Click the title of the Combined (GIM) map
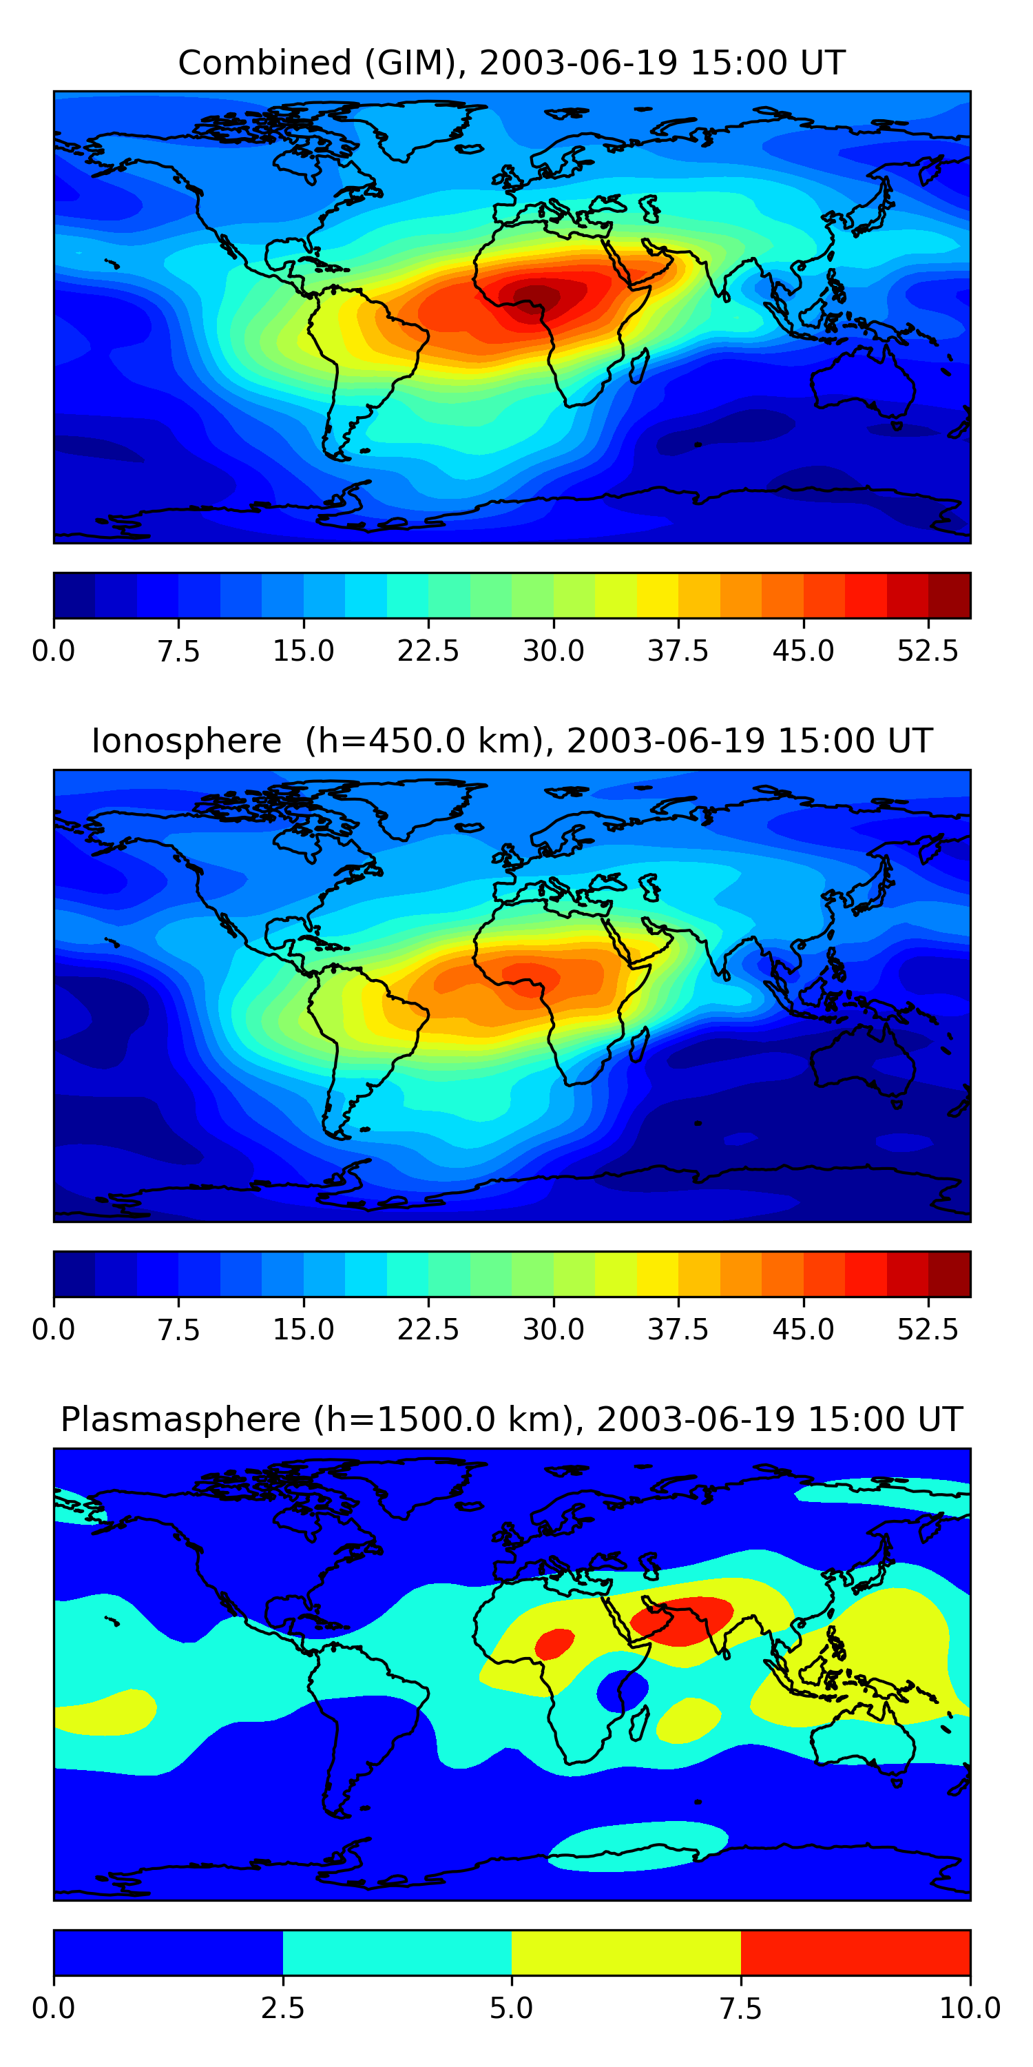pos(512,63)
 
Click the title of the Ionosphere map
pos(512,741)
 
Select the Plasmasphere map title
pos(512,1419)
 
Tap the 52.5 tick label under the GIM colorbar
pos(927,650)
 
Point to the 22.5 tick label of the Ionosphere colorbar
pos(428,1330)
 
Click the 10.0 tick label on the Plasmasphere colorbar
pos(970,2008)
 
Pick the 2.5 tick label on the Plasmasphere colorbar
pos(282,2008)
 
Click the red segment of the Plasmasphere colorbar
pos(855,1952)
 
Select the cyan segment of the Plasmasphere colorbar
pos(397,1952)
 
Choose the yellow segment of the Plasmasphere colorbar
pos(625,1952)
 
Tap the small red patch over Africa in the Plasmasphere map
pos(554,1643)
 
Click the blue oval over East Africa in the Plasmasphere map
pos(622,1691)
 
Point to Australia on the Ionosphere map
pos(862,1059)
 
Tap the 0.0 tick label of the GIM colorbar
pos(54,650)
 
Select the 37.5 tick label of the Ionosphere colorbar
pos(678,1330)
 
